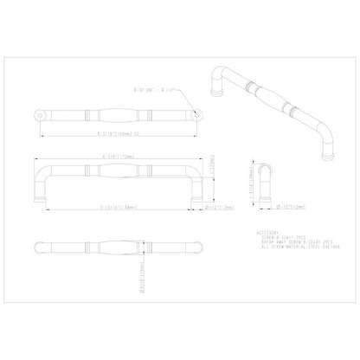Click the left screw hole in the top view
coord(39,113)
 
